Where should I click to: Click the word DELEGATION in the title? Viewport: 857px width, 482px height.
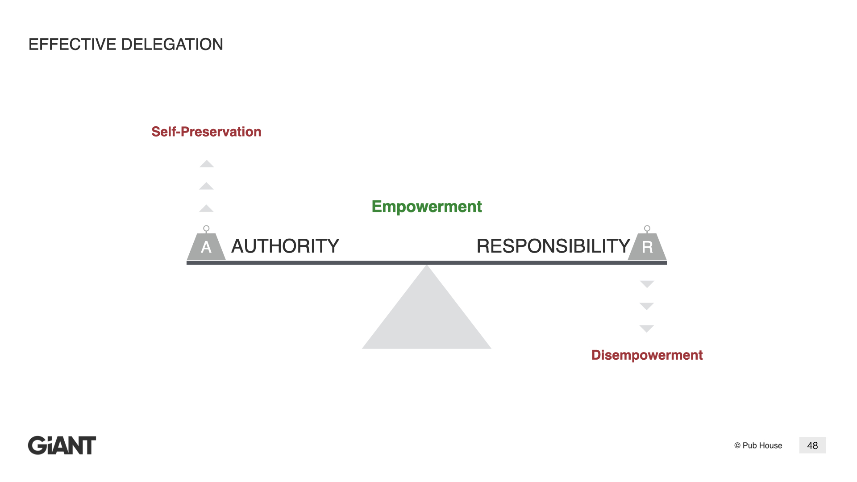point(172,45)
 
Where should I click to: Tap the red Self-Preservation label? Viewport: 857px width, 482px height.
point(206,132)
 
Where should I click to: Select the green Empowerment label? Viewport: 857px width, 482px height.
point(427,207)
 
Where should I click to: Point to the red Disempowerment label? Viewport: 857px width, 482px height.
point(647,355)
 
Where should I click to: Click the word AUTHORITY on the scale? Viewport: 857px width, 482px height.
point(285,246)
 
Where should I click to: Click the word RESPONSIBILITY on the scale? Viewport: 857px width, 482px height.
point(553,246)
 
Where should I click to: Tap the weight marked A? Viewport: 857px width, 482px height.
point(206,247)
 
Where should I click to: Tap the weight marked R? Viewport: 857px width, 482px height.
point(647,247)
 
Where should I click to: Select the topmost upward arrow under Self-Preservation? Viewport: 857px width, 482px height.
point(207,164)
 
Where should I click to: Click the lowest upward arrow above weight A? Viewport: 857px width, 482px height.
point(206,208)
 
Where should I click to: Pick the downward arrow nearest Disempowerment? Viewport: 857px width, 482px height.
point(647,328)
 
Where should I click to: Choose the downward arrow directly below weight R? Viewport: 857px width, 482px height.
point(647,284)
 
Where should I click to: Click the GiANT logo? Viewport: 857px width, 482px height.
point(62,445)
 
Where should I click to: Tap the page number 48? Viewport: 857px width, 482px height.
point(812,445)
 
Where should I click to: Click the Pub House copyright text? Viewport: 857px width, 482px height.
point(758,445)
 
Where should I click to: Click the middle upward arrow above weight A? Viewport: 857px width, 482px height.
point(206,186)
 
